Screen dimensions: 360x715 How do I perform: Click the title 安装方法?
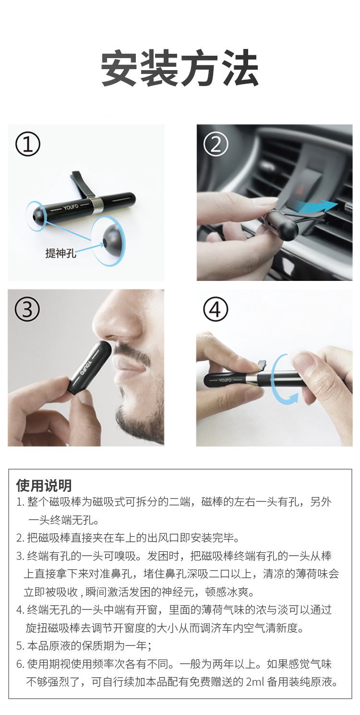coord(180,68)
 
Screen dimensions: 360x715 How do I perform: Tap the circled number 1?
coord(28,144)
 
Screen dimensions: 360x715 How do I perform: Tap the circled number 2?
coord(216,144)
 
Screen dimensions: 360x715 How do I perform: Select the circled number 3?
coord(27,309)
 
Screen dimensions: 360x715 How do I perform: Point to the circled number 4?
coord(216,309)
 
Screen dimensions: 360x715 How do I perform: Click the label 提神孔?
coord(60,253)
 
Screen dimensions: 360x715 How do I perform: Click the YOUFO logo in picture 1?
coord(71,207)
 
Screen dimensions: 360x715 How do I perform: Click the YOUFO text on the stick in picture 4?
coord(225,380)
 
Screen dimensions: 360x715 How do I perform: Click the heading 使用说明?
coord(44,485)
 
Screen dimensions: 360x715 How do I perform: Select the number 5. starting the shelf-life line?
coord(20,646)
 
